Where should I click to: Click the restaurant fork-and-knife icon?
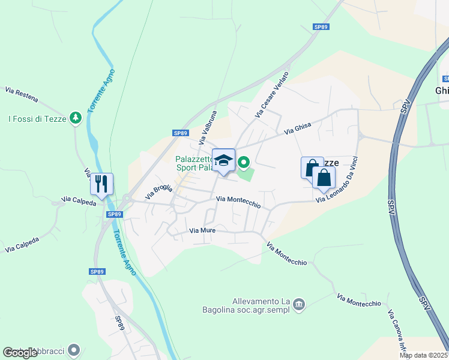pos(101,183)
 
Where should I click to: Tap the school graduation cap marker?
pos(223,160)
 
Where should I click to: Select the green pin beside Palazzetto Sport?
pos(244,162)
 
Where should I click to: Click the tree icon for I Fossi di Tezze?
pos(75,118)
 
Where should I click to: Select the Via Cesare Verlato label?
pos(272,94)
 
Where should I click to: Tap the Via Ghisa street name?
pos(298,128)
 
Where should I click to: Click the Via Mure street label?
pos(202,230)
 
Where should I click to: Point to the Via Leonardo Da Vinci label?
pos(341,179)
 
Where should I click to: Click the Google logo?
pos(20,353)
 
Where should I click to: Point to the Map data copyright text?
pos(424,355)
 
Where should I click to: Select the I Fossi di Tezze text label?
pos(36,119)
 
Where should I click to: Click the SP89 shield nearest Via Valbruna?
pos(180,133)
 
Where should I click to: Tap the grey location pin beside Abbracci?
pos(74,349)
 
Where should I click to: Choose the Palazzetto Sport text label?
pos(194,163)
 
